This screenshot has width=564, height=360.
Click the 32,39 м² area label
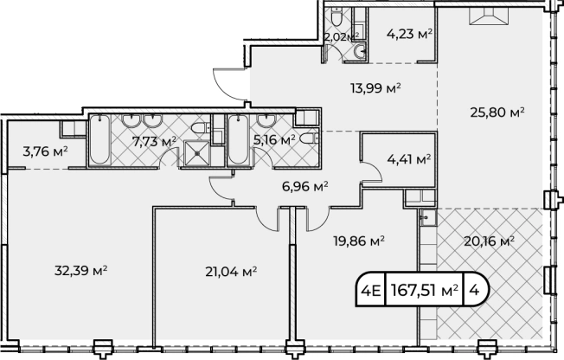point(81,270)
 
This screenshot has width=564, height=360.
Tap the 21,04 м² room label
point(231,272)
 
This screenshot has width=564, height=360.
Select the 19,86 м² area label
point(359,241)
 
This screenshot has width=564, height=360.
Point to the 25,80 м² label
point(497,112)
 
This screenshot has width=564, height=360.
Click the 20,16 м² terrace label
point(489,241)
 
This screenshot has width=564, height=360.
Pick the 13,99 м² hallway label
point(375,88)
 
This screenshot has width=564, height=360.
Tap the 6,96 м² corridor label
point(304,186)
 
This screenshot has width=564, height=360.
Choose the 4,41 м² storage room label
point(409,158)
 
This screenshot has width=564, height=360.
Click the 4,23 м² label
point(409,35)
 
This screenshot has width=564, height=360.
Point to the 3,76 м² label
point(45,151)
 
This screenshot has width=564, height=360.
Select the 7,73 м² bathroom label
point(154,141)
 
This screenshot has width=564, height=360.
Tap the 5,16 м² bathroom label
point(274,139)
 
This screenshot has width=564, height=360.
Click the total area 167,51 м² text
point(425,290)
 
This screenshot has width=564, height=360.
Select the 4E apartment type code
point(370,290)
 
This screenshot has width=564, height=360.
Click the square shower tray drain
point(196,153)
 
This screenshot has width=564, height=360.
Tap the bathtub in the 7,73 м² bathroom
point(99,140)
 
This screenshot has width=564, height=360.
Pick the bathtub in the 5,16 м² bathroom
point(237,140)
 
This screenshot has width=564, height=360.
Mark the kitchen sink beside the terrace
point(428,218)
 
